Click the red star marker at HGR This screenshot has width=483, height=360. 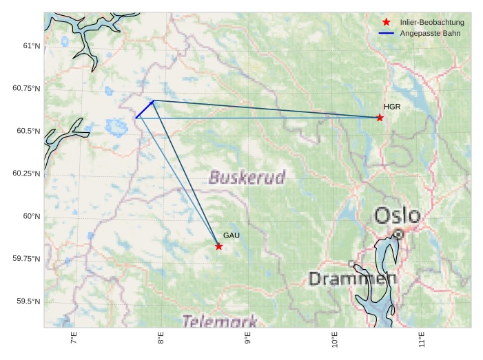pos(380,118)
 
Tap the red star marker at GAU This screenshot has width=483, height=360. pos(219,246)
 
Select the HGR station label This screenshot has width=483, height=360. pos(392,107)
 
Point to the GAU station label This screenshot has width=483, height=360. pos(231,235)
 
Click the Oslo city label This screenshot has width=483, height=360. pos(398,215)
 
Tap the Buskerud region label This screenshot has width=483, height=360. pos(247,178)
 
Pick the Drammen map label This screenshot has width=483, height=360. pos(353,279)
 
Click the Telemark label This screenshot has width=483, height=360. pos(220,321)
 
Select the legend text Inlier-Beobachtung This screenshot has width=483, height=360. pos(432,22)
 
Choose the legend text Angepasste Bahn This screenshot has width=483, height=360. pos(427,33)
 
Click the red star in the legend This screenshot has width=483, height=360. pos(387,22)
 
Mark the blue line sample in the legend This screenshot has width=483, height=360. pos(387,33)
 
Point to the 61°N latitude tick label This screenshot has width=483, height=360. pos(32,46)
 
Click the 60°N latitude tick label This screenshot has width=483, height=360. pos(32,216)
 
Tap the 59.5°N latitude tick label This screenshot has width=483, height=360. pos(28,301)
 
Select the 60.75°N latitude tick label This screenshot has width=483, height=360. pos(26,89)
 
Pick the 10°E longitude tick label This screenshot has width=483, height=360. pos(335,340)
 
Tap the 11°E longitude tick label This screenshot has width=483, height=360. pos(422,340)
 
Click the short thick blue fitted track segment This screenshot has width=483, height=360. pos(145,109)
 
